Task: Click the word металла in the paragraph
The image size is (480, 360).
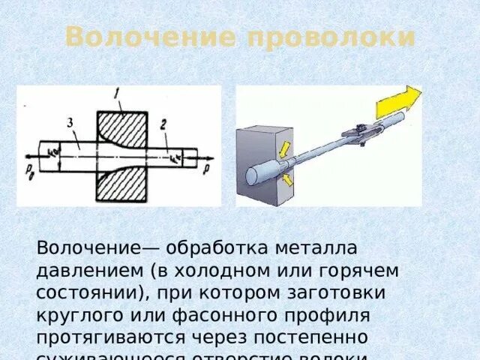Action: pyautogui.click(x=304, y=247)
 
